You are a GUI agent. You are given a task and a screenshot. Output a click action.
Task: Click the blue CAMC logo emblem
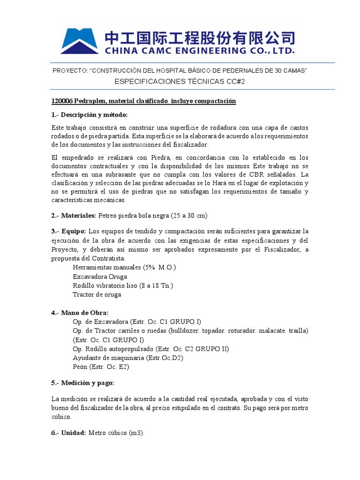(x=79, y=41)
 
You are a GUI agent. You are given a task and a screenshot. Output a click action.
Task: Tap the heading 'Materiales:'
(x=76, y=215)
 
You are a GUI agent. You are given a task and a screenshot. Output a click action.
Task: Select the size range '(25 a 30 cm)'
(x=187, y=215)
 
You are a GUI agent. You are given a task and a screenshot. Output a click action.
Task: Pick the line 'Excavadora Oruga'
(x=100, y=277)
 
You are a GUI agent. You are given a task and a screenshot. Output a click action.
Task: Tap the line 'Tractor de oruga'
(x=97, y=294)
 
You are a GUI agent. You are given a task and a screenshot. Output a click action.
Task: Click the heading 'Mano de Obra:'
(x=83, y=313)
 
